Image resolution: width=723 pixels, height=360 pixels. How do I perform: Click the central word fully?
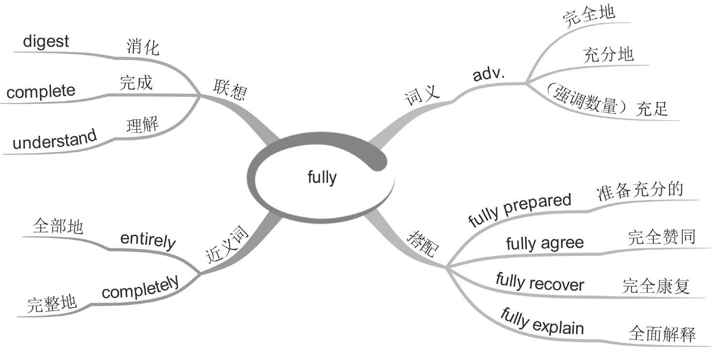(322, 178)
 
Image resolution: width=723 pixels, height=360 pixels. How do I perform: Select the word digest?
(46, 41)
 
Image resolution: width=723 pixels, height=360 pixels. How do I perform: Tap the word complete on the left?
(41, 91)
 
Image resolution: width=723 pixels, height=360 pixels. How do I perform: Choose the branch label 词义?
(422, 95)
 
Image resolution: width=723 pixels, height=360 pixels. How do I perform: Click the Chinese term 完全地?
(589, 16)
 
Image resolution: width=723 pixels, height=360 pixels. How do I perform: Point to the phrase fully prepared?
(520, 210)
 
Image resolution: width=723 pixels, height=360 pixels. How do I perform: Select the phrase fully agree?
(544, 243)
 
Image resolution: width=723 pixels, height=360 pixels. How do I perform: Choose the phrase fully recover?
(540, 282)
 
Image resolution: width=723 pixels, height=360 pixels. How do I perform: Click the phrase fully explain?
(542, 322)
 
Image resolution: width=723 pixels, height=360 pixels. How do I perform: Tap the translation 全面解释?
(662, 334)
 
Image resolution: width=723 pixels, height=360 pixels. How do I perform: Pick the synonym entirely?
(148, 240)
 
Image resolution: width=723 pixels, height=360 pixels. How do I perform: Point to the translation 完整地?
(52, 304)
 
